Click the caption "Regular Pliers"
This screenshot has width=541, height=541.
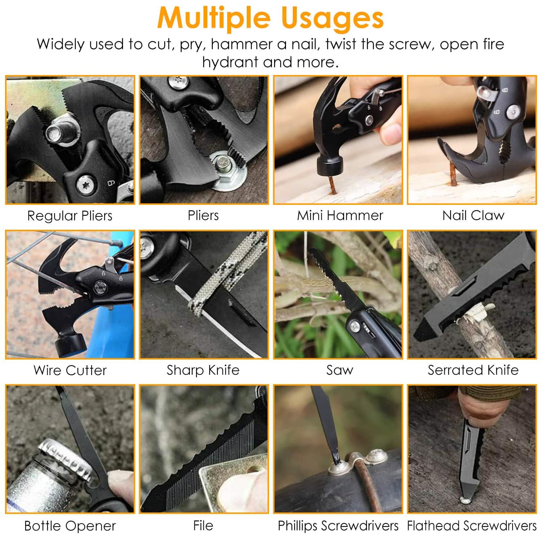70,216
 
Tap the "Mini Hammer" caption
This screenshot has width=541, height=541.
340,215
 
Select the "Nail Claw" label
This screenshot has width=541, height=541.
473,215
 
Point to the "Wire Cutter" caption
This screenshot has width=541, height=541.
70,370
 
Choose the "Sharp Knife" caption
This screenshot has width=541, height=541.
203,370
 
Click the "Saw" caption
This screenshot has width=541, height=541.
340,370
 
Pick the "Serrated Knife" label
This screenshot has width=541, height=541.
473,370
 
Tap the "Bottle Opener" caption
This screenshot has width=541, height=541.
70,526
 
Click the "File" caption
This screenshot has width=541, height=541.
203,525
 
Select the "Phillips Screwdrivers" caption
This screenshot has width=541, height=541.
338,526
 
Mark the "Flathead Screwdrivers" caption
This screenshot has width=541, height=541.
472,526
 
